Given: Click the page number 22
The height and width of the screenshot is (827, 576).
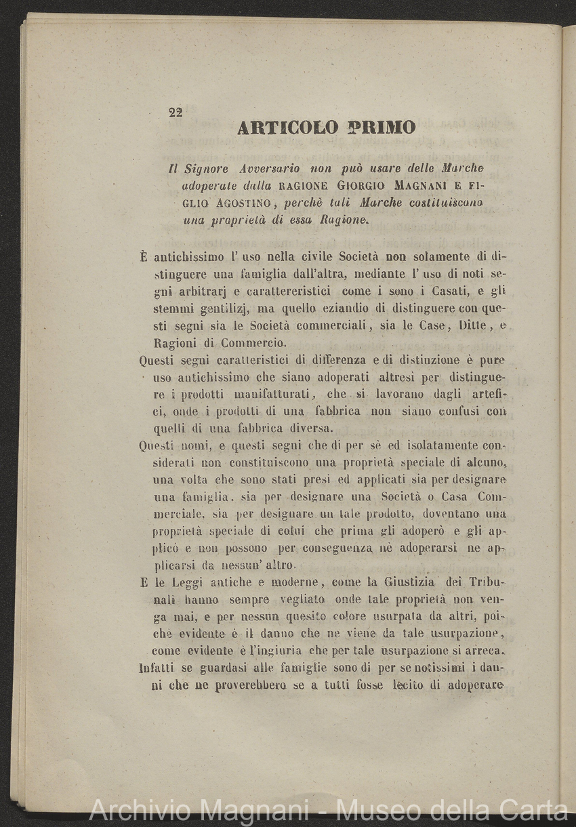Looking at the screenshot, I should (x=176, y=113).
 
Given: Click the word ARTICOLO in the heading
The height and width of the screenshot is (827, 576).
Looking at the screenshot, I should (x=287, y=128).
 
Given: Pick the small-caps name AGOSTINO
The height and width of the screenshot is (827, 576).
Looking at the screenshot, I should (x=240, y=202).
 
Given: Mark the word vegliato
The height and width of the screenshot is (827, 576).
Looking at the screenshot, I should (x=302, y=600).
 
